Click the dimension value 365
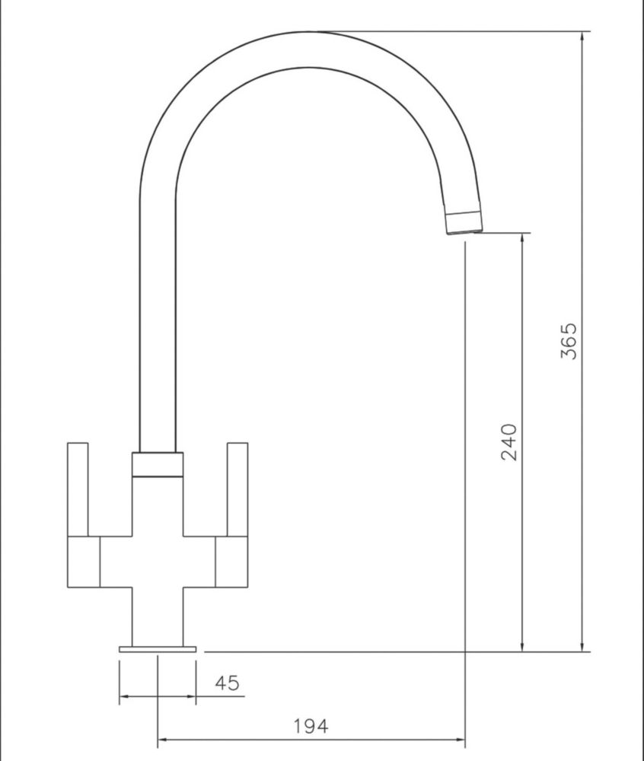569,341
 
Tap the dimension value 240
509,442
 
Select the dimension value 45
227,683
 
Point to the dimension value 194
311,726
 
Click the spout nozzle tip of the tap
464,223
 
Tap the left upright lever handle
78,489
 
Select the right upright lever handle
238,489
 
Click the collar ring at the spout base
158,465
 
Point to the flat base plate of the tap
158,649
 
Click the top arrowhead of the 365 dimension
582,37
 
